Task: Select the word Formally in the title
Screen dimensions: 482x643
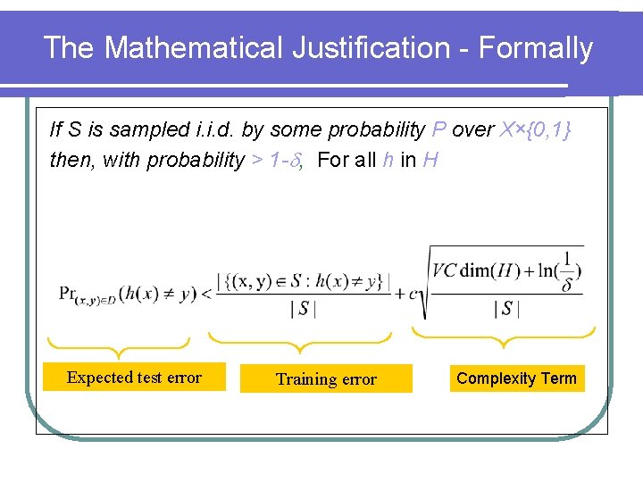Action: (536, 48)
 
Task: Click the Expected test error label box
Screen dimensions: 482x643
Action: (134, 378)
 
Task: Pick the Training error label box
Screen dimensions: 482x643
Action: (326, 379)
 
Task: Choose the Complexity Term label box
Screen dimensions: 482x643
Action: (516, 378)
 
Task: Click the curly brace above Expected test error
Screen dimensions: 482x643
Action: (119, 343)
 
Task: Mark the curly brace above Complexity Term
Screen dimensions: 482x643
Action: (504, 336)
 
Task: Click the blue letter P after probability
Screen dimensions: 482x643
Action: (438, 129)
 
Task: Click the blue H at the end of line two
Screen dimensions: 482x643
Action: (431, 161)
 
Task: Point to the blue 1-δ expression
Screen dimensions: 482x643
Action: (268, 161)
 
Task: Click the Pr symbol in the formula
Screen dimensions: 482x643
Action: (69, 292)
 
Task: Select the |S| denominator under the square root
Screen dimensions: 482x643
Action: (506, 310)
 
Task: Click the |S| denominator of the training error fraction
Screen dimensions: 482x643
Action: (304, 310)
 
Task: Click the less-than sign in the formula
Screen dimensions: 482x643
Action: (206, 293)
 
